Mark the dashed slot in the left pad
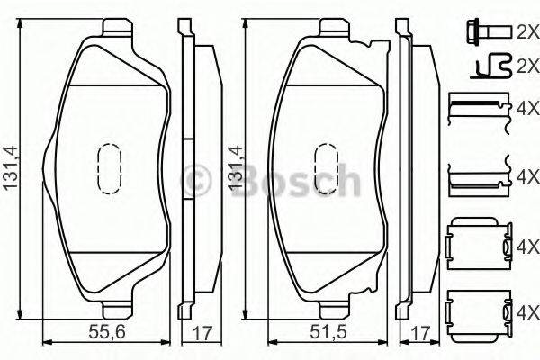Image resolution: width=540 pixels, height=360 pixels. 108,170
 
